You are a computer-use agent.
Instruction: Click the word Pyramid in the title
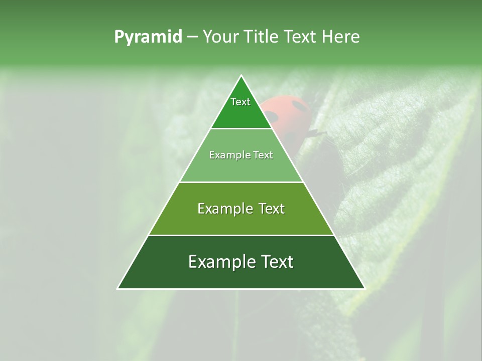tap(148, 37)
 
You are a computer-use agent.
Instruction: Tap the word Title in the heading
tap(264, 37)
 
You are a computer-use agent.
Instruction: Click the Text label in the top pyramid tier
tap(240, 102)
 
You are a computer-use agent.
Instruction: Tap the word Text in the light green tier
tap(263, 155)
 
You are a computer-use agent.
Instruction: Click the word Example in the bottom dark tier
tap(219, 262)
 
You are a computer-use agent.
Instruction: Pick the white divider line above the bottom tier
tap(241, 235)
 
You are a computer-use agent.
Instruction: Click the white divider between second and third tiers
tap(241, 182)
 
